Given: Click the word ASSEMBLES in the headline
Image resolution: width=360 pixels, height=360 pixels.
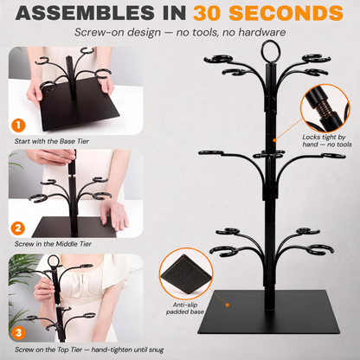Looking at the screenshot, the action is (x=86, y=13).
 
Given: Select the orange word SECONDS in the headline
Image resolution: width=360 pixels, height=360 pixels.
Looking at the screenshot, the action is (x=286, y=13).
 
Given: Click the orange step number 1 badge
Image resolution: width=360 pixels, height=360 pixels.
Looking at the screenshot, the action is (x=18, y=125).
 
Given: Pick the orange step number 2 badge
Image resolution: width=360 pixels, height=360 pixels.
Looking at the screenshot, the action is (x=18, y=228).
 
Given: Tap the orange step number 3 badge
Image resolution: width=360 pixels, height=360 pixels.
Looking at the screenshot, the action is (x=18, y=332).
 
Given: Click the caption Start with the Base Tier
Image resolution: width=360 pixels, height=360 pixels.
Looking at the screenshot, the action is (x=52, y=141).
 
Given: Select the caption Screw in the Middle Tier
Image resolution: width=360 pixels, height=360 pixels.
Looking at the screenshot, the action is (x=53, y=244).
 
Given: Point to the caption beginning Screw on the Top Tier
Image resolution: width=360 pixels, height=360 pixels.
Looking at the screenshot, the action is (x=89, y=350).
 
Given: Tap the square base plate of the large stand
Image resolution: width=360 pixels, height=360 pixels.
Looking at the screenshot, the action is (x=268, y=312).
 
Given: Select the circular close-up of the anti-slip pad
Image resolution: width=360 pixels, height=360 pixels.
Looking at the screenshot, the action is (x=186, y=273).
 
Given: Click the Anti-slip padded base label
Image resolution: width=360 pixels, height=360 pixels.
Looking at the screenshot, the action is (x=185, y=308).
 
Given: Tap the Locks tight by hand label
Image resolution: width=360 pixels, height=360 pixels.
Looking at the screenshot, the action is (x=327, y=141).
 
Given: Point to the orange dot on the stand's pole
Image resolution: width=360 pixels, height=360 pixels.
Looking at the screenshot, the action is (x=274, y=140).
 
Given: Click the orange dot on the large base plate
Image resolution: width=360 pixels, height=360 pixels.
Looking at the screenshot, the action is (x=228, y=305).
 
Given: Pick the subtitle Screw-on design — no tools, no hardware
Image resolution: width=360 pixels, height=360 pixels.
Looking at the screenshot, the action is (x=180, y=32).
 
